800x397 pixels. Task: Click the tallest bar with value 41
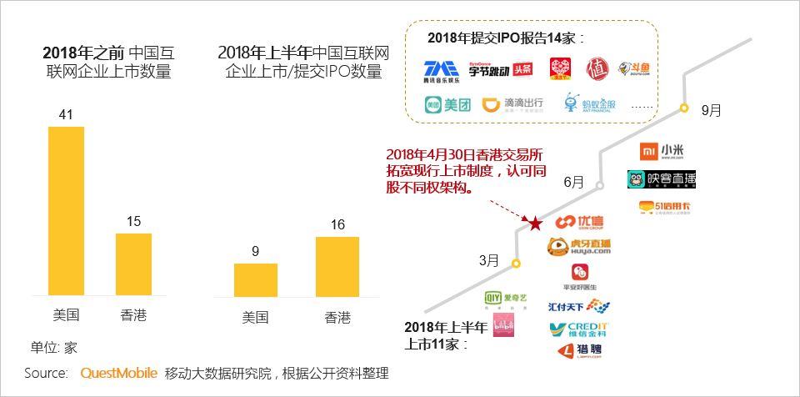(66, 210)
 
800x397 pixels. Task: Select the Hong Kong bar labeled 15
(133, 264)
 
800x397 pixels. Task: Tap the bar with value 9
(255, 279)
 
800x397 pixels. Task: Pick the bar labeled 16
(337, 266)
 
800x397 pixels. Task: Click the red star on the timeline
(534, 224)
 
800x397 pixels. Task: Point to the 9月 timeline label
(711, 110)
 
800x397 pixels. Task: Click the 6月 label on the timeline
(573, 183)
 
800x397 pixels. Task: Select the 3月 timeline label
(489, 260)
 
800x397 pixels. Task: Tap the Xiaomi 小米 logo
(662, 151)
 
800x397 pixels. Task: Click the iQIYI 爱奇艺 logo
(504, 298)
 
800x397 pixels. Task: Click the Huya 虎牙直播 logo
(579, 246)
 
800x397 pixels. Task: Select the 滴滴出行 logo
(514, 104)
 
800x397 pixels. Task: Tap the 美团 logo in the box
(448, 105)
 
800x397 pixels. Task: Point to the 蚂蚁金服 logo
(590, 104)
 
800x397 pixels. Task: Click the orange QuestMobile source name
(118, 373)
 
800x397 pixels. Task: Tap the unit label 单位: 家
(54, 347)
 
